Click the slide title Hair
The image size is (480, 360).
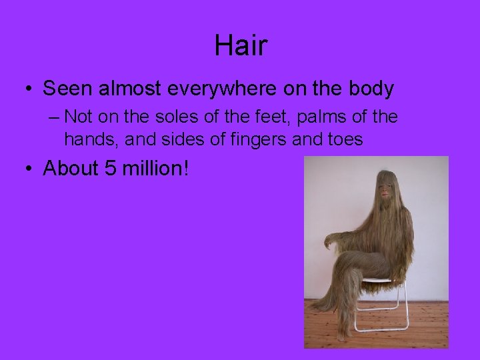241,45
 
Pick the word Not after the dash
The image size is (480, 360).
79,117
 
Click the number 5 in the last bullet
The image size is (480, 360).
110,168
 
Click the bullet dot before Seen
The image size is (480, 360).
27,89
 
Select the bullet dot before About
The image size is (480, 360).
27,169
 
